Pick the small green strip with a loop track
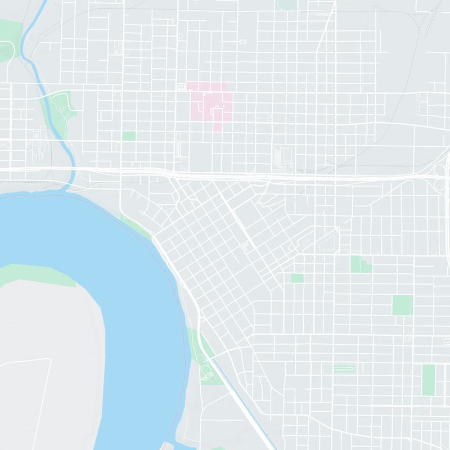[343, 369]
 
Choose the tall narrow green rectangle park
[429, 380]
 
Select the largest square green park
[402, 305]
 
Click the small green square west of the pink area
[129, 136]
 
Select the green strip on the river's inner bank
[39, 276]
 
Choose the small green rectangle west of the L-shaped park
[297, 278]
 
